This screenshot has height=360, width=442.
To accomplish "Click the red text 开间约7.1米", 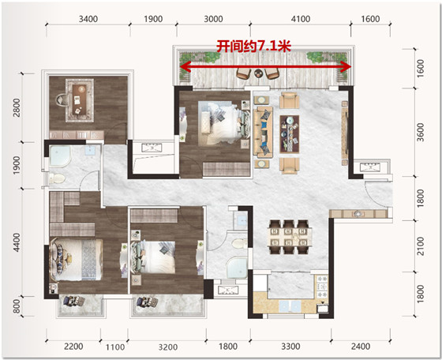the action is pos(253,47).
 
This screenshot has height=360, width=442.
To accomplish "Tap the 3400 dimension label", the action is pos(88,19).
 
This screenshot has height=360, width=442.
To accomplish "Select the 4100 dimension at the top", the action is pos(301,19).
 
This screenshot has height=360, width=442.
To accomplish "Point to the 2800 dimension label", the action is pos(17,107).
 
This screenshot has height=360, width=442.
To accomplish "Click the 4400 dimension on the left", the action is pos(17,242).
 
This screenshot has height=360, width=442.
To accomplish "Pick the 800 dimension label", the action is pos(17,306).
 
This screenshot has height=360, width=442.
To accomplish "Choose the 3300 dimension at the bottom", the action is pos(290,347).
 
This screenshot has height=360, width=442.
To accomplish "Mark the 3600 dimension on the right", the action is pos(421,132).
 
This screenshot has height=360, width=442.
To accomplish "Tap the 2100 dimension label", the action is pos(421,246).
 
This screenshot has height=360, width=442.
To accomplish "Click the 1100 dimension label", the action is pos(115,347).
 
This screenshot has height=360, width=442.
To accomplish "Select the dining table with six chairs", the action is pos(290,237).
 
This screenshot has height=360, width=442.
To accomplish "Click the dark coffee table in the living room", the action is pos(290,134).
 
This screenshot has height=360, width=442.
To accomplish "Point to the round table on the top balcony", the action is pos(258,73).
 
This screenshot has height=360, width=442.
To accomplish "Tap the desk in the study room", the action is pos(80,99).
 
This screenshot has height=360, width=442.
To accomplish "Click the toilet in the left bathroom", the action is pos(57,178).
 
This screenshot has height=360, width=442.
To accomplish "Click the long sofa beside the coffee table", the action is pos(264,132).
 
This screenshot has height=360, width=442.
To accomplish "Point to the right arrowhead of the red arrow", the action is pos(346,67).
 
